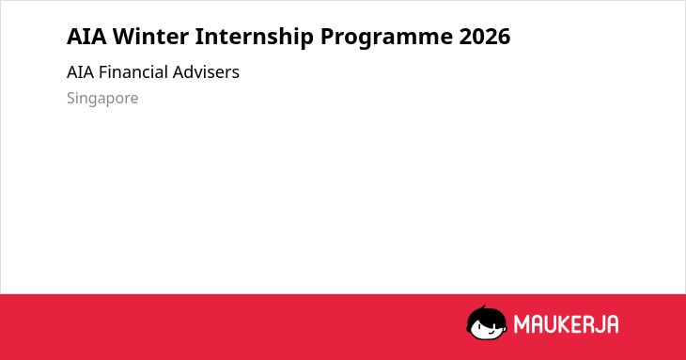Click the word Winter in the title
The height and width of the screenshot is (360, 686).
tap(150, 36)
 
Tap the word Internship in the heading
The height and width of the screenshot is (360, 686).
tap(254, 37)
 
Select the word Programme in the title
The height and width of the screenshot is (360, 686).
tap(386, 38)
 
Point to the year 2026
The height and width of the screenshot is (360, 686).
tap(485, 37)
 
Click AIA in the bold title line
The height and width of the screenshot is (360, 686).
tap(86, 37)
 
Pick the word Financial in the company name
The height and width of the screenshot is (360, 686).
tap(133, 72)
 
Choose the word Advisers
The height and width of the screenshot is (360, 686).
tap(206, 72)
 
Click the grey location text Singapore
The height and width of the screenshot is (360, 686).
tap(102, 98)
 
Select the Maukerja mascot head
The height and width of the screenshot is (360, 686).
tap(487, 322)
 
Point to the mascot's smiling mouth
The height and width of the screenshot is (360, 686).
tap(491, 332)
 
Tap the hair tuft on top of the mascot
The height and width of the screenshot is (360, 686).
tap(483, 307)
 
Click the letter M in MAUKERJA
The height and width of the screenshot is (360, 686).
tap(522, 324)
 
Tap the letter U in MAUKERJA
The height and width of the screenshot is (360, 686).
tap(553, 324)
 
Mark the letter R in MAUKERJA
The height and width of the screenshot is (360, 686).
tap(590, 324)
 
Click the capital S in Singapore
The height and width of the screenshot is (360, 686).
tap(71, 98)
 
